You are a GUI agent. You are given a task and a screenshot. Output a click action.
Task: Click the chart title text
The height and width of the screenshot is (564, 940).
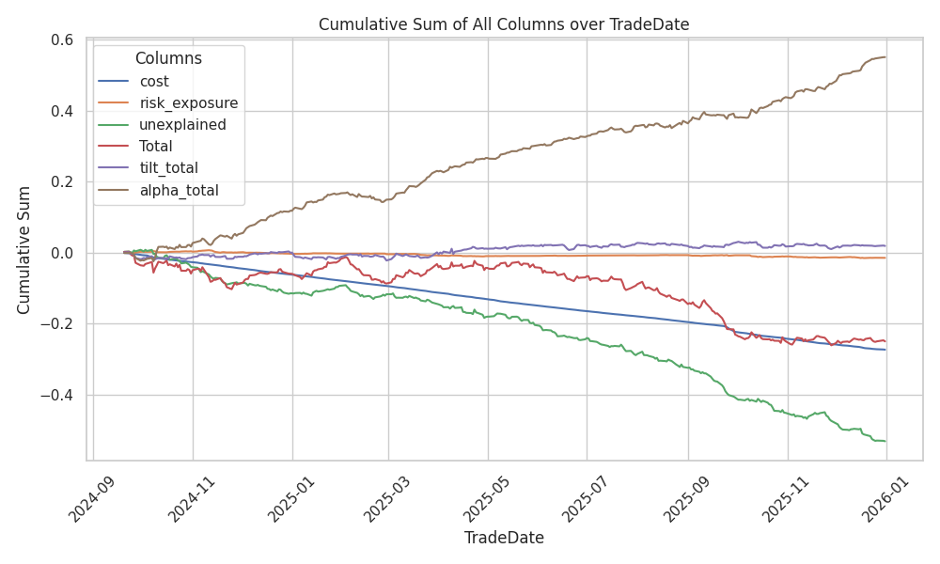coord(504,24)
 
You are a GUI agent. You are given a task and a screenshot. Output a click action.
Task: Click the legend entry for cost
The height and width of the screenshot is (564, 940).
coord(154,82)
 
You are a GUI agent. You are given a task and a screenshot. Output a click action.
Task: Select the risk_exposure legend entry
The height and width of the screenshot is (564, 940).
coord(188,103)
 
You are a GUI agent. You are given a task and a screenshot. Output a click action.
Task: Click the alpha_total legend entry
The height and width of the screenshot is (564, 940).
coord(179,190)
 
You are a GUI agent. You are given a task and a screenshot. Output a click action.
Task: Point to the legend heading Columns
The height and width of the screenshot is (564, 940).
coord(168,58)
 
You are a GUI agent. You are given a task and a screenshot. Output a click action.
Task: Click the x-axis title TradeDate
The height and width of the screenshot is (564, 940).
coord(504,539)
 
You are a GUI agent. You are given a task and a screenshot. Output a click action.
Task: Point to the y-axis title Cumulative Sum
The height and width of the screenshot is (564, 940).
coord(25,250)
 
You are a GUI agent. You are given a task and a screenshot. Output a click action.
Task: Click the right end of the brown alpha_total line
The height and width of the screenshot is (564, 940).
coord(885,57)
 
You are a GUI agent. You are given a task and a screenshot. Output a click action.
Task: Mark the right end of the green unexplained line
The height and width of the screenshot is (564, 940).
coord(885,441)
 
